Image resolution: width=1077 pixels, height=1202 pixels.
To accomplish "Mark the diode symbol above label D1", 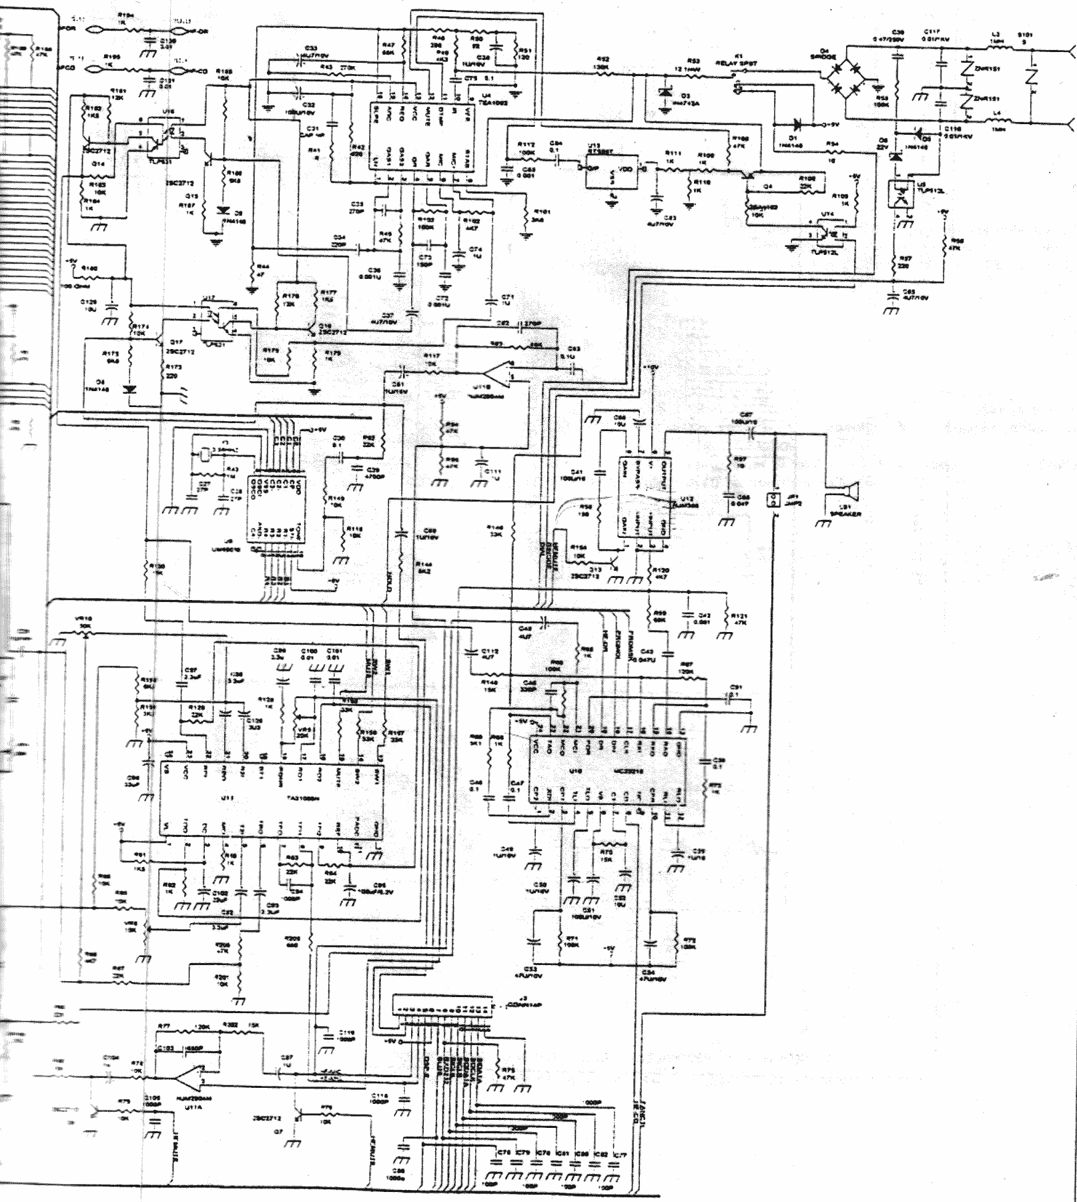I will coord(797,124).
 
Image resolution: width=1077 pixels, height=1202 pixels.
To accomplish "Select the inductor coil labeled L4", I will coord(996,121).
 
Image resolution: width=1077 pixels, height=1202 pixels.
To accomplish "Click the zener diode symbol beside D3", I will coord(665,94).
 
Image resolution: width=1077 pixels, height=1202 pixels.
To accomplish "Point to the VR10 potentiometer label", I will coord(85,619).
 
